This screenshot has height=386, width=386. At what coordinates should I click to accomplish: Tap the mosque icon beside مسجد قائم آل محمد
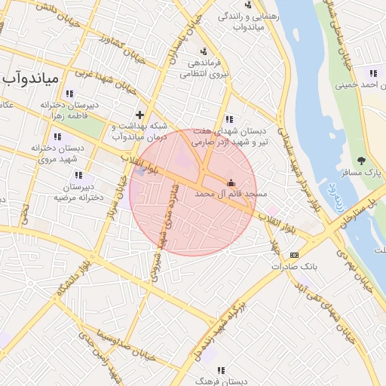[x=231, y=182]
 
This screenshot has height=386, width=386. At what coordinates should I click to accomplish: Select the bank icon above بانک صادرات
[x=293, y=255]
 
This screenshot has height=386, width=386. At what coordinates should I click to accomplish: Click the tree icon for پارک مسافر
[x=362, y=161]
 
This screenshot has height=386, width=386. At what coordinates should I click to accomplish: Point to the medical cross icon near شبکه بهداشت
[x=139, y=114]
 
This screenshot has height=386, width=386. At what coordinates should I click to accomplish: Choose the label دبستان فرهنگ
[x=223, y=381]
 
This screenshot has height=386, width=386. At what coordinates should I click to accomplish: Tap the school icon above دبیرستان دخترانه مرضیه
[x=78, y=175]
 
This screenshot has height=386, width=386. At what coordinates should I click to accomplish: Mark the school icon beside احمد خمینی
[x=372, y=73]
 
